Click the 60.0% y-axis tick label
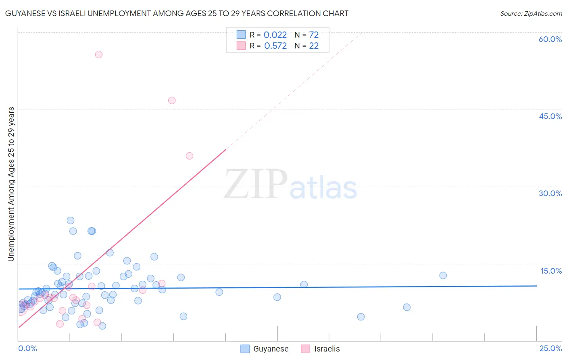point(550,39)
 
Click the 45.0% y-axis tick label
point(550,116)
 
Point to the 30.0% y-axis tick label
point(550,193)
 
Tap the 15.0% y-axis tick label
point(551,271)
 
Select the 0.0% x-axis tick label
point(27,348)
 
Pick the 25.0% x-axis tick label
point(550,348)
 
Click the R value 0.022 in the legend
point(275,35)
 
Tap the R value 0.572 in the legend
point(275,46)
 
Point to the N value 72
point(314,35)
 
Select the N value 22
point(314,46)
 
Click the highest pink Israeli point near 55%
point(99,54)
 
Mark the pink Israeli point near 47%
point(172,100)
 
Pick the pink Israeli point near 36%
point(190,156)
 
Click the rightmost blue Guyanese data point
point(443,275)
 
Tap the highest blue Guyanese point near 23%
point(71,220)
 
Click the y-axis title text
point(11,184)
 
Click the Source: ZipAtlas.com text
point(531,14)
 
